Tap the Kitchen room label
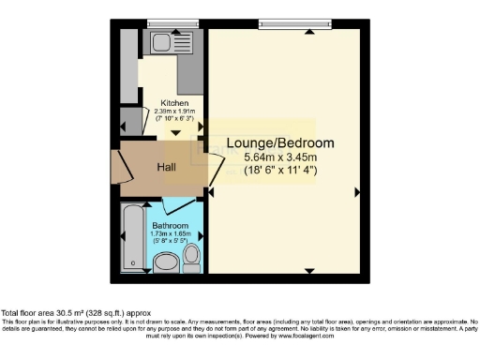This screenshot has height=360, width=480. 174,103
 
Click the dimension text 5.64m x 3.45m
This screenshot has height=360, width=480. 280,158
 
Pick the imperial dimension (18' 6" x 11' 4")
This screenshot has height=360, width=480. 280,172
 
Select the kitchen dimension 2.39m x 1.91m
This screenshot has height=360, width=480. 174,112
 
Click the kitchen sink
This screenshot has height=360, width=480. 158,42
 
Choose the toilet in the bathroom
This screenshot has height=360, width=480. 192,254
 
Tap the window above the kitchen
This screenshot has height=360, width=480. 166,23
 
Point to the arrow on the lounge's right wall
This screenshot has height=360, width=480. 357,192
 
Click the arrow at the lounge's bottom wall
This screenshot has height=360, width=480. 310,271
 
